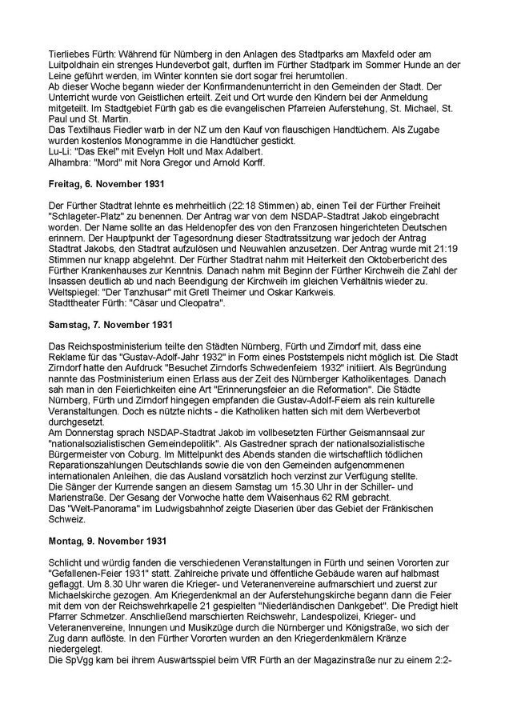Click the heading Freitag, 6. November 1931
tap(100, 182)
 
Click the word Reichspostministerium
tap(110, 345)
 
